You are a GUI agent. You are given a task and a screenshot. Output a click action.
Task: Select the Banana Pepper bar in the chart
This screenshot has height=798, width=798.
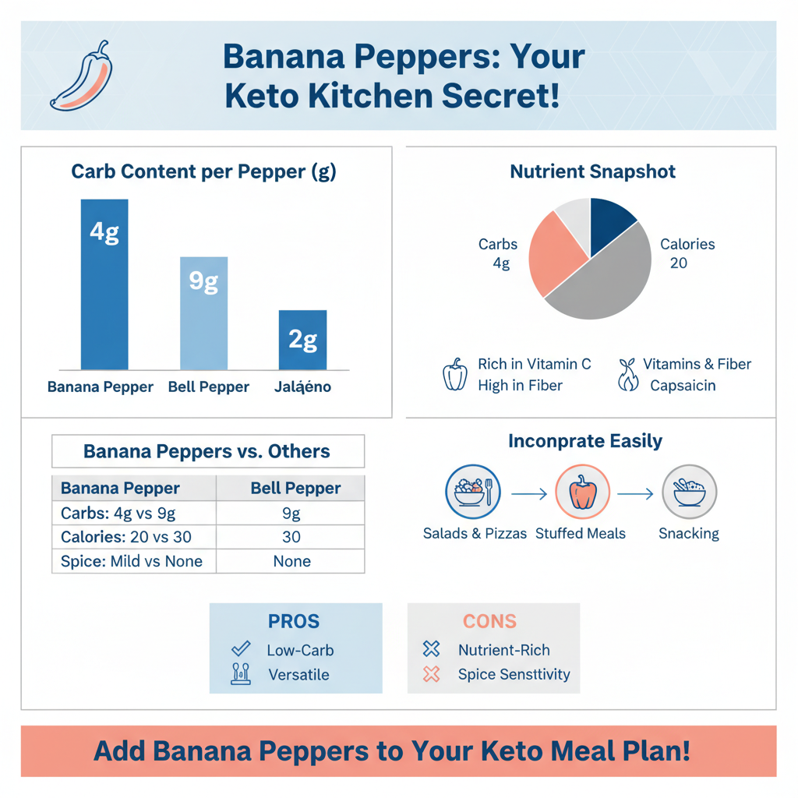(x=104, y=284)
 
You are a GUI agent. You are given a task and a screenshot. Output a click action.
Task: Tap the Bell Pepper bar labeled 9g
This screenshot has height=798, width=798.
(x=203, y=313)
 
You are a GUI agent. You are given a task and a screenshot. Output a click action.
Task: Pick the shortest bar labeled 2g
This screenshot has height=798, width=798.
(x=302, y=340)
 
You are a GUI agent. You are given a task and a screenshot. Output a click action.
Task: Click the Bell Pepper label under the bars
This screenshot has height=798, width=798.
(x=209, y=387)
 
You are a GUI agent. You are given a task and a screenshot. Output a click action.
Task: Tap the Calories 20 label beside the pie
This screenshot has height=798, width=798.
(x=687, y=253)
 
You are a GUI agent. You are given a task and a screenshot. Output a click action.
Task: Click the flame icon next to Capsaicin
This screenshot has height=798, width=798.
(x=628, y=381)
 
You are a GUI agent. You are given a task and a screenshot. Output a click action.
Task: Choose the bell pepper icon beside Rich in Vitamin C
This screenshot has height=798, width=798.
(x=454, y=374)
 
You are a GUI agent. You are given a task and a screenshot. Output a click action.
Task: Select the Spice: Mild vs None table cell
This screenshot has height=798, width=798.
(x=132, y=561)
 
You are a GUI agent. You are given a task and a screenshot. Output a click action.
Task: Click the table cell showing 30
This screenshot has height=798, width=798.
(x=291, y=537)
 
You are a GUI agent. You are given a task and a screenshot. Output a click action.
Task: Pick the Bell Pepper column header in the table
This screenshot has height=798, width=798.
(x=295, y=489)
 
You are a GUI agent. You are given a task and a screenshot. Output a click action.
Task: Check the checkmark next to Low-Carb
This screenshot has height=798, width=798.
(x=241, y=648)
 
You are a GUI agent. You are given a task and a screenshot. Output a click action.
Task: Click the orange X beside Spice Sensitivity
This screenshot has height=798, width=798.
(x=431, y=674)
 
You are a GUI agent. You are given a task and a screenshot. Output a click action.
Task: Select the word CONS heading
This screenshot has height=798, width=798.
(x=489, y=621)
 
